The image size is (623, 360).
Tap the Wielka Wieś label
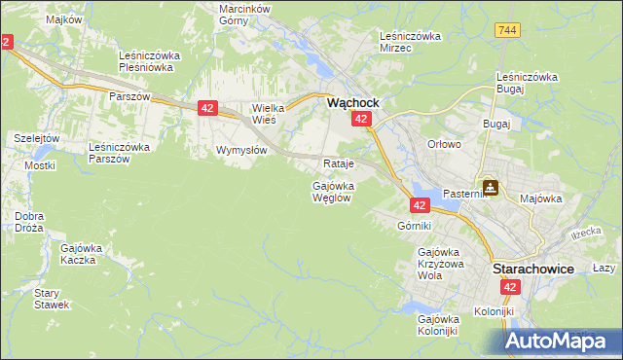[266, 114]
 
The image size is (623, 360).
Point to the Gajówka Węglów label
[333, 191]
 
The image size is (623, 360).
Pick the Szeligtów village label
[37, 138]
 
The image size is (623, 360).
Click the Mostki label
[40, 165]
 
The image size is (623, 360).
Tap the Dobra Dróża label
[29, 221]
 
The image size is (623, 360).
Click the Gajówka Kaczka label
[82, 254]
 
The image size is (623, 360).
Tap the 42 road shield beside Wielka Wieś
[207, 109]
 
